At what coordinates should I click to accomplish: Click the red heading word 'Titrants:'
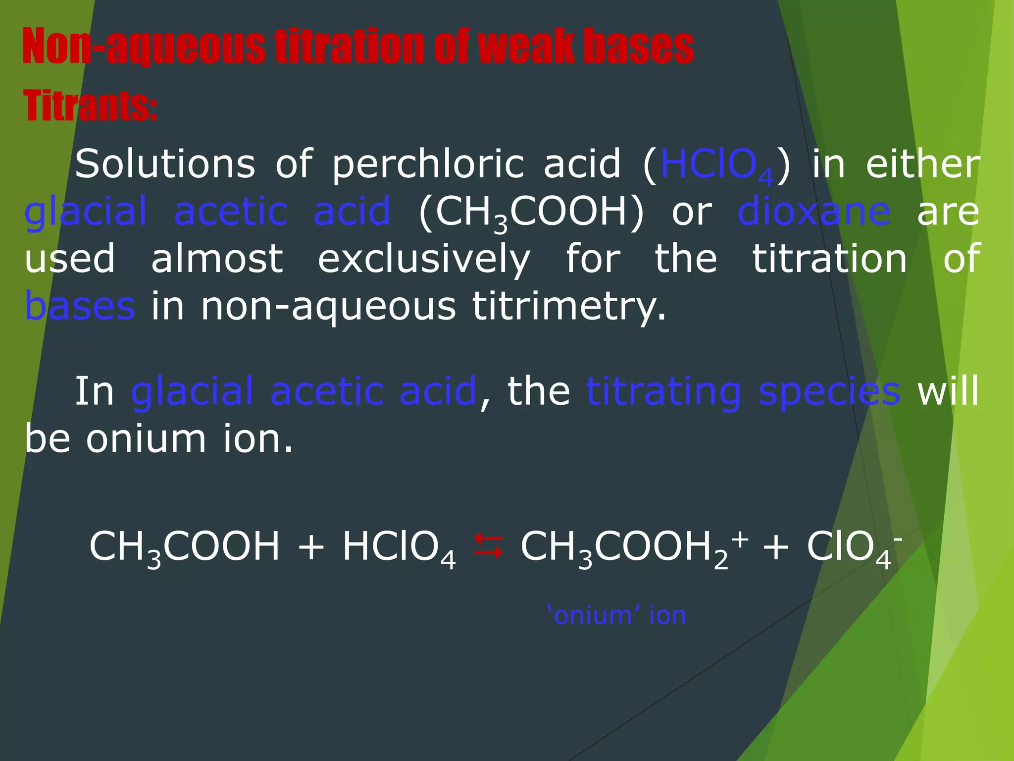click(90, 106)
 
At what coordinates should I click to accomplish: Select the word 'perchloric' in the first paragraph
click(428, 164)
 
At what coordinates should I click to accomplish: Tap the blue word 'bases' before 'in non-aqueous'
click(80, 306)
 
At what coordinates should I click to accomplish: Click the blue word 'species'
click(829, 391)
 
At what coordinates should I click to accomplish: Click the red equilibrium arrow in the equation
click(488, 546)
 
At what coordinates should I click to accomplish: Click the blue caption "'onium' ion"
click(617, 615)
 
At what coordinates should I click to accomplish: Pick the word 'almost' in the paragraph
click(217, 259)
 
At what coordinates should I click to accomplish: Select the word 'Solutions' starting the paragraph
click(165, 164)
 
